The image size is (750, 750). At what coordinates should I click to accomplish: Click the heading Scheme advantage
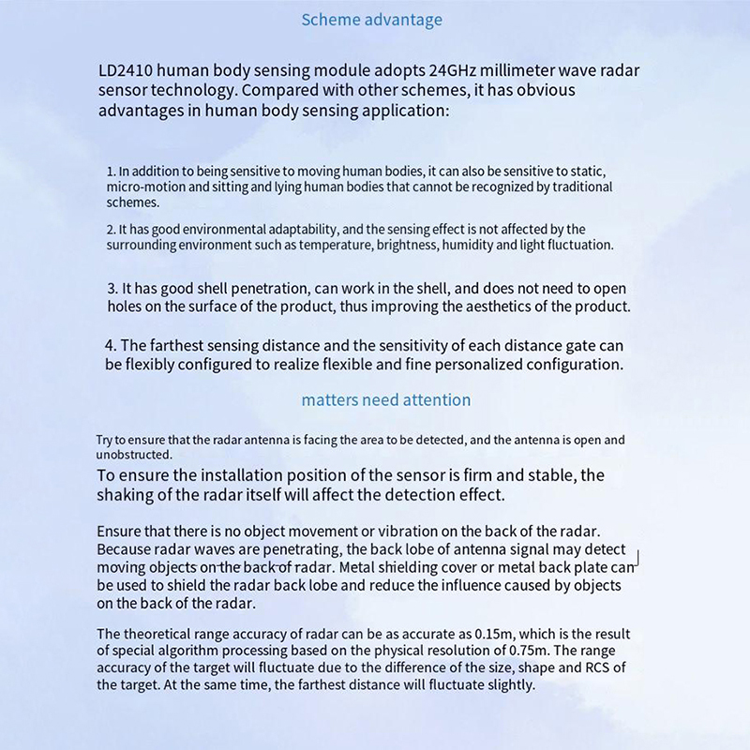371,20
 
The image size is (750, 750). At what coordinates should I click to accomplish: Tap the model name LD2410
127,71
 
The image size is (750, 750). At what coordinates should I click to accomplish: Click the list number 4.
110,346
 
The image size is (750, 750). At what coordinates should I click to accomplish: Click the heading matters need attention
385,400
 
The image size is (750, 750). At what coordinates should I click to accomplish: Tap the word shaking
128,494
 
